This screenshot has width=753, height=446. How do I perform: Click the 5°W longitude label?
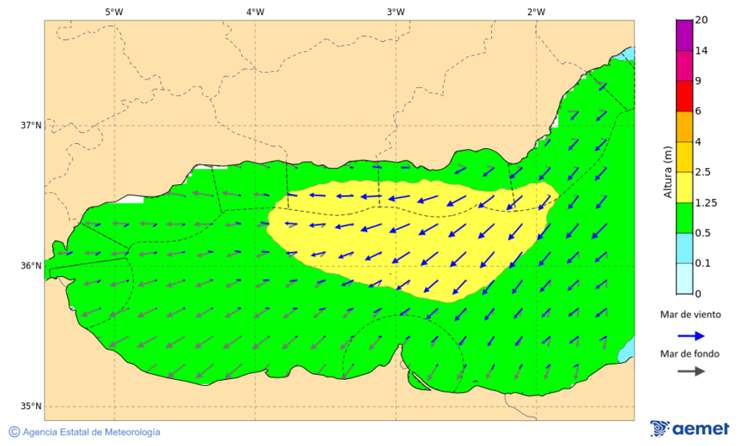[114, 12]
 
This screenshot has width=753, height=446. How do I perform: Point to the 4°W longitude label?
[255, 12]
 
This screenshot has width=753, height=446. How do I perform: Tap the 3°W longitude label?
[396, 12]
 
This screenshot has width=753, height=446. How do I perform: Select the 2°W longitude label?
[536, 12]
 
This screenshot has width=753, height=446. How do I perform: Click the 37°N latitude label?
[31, 126]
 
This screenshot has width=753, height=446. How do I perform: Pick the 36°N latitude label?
[31, 266]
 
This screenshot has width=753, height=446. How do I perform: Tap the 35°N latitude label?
[31, 407]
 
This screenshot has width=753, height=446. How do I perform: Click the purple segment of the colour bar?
[684, 35]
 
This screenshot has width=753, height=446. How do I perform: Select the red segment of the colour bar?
[684, 96]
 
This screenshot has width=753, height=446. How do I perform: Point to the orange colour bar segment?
[684, 126]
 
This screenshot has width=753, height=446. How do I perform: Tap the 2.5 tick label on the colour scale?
[704, 172]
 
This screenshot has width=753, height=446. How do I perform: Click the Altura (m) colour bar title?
[668, 172]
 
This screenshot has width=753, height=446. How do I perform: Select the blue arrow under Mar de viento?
[690, 335]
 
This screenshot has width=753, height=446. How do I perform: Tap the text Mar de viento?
[690, 315]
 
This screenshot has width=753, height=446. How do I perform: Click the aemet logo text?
[703, 429]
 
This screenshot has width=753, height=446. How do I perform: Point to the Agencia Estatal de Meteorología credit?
[91, 432]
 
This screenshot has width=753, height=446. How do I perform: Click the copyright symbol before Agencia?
[14, 432]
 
